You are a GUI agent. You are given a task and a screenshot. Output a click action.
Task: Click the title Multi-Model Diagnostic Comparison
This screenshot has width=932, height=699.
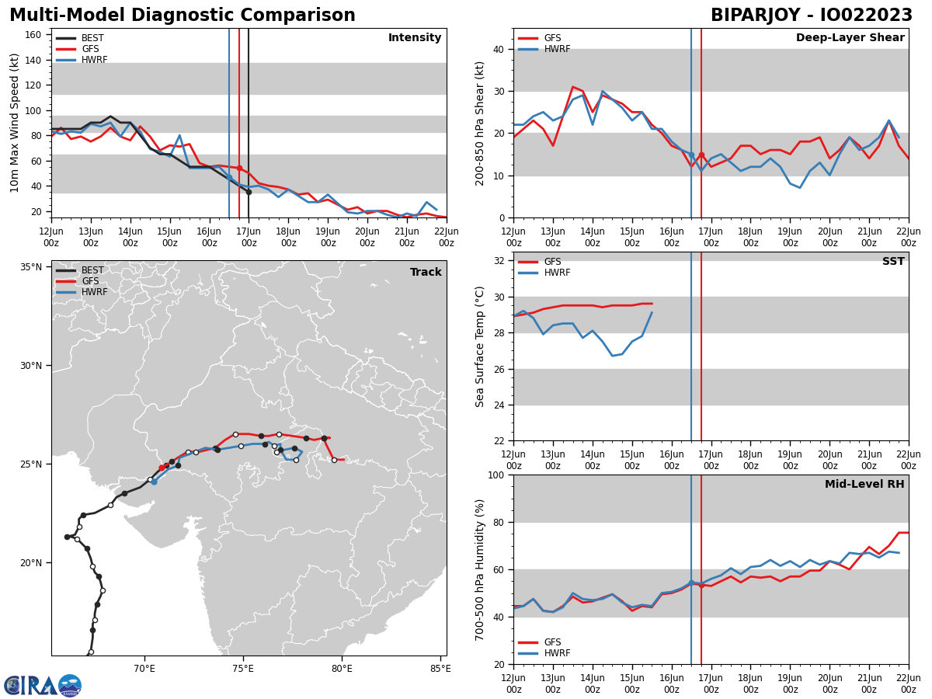click(x=183, y=16)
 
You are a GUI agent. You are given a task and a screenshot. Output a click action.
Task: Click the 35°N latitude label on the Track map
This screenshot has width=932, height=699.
click(x=31, y=267)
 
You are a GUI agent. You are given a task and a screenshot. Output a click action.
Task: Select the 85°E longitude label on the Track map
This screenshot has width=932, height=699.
click(x=440, y=668)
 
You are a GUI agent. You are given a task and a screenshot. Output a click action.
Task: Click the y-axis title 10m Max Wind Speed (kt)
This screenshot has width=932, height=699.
click(x=15, y=123)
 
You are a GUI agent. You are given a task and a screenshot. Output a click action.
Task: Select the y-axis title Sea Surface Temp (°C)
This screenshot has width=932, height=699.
click(x=480, y=346)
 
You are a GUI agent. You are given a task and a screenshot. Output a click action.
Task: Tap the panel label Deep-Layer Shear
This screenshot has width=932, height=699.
click(x=850, y=38)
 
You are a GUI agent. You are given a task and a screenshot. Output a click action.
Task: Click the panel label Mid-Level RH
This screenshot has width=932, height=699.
click(x=864, y=485)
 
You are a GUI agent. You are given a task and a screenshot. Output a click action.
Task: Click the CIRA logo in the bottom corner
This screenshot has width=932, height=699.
click(x=42, y=686)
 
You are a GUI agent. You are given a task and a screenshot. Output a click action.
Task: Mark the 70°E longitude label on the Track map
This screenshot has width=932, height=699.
click(x=144, y=668)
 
